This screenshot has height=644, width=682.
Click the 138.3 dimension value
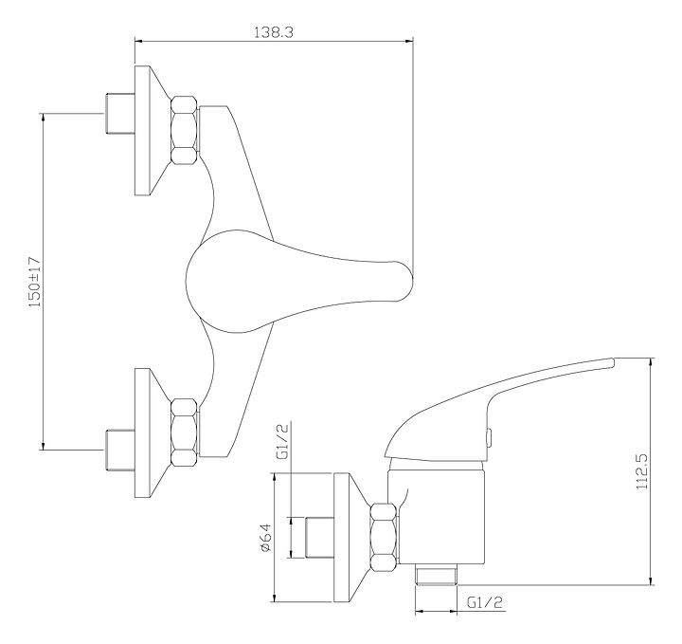coord(273,32)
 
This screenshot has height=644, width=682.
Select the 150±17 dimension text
coord(35,280)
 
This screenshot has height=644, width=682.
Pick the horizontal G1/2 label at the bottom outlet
coord(485,599)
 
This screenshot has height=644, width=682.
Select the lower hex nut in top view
coord(185,432)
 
